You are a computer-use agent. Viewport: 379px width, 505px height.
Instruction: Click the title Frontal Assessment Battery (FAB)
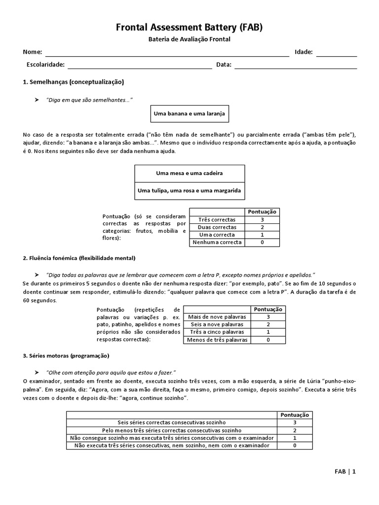click(189, 28)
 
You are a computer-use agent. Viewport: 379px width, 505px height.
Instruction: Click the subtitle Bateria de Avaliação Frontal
click(189, 39)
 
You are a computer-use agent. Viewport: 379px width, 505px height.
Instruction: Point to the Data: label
click(224, 65)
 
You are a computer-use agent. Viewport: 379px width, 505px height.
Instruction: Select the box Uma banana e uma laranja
click(189, 114)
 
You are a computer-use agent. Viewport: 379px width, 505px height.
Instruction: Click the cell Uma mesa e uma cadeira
click(189, 174)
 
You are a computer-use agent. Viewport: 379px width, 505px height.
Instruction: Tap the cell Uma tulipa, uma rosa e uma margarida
click(189, 190)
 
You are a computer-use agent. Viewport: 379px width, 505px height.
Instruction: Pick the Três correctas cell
click(217, 219)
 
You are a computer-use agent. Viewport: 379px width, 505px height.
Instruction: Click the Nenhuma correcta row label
click(217, 242)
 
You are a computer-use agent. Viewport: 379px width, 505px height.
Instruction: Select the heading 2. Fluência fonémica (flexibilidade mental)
click(79, 258)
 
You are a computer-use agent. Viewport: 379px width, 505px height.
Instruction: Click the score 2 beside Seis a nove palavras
click(268, 325)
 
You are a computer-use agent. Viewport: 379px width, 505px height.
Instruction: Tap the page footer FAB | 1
click(345, 471)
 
